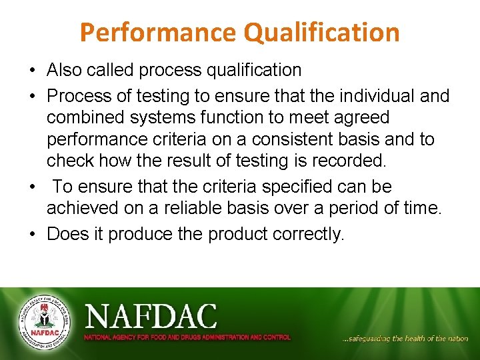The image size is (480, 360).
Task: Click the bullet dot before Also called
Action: coord(32,71)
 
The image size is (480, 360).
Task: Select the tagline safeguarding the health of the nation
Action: coord(405,339)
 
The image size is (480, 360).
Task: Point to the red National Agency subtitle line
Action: coord(187,337)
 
